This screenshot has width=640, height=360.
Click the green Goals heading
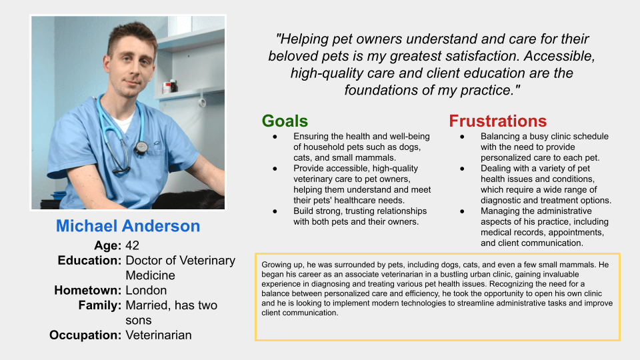[x=285, y=121]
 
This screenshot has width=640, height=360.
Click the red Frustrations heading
[x=497, y=121]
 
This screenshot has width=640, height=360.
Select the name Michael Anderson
[x=128, y=226]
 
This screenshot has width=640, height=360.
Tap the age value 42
[x=132, y=245]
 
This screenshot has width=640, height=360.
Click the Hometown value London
[x=146, y=290]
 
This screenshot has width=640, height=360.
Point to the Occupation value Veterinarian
[x=159, y=335]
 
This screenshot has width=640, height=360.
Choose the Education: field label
[x=89, y=261]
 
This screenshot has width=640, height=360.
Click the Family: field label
[x=100, y=305]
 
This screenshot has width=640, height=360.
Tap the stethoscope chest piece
[x=141, y=147]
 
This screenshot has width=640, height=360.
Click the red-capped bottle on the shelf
[x=167, y=87]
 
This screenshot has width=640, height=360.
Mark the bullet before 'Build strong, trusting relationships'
[x=275, y=211]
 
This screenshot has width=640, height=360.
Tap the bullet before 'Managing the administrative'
[x=462, y=211]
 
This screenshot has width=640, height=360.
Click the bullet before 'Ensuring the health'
[x=275, y=137]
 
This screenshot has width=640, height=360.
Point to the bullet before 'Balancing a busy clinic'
[x=462, y=137]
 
